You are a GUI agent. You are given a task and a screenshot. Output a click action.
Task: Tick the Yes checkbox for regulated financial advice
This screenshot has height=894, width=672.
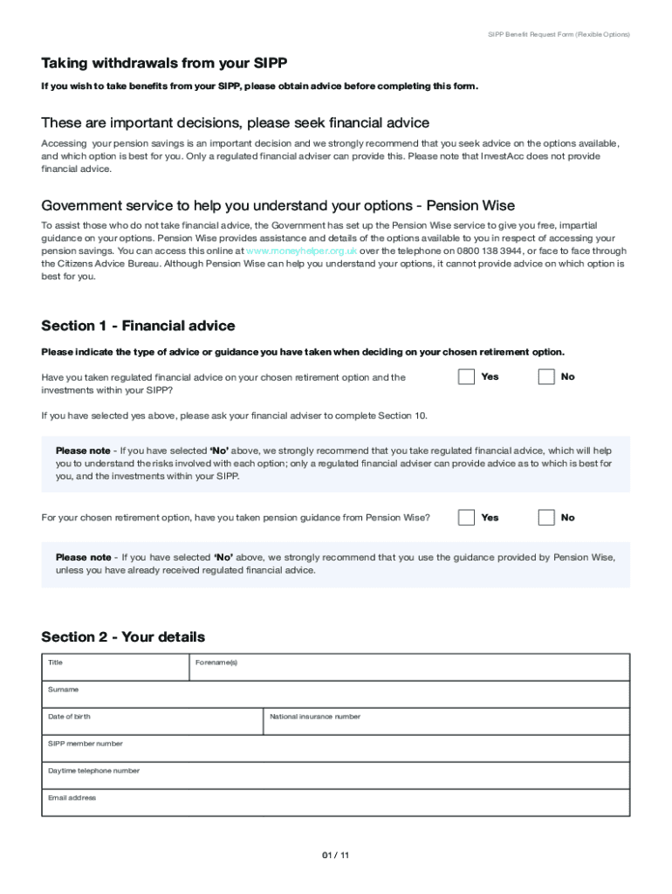pyautogui.click(x=467, y=377)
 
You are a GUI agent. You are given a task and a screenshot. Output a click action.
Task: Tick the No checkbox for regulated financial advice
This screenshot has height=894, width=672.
pyautogui.click(x=546, y=377)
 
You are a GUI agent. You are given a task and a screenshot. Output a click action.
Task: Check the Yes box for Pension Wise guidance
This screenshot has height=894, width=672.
pyautogui.click(x=467, y=518)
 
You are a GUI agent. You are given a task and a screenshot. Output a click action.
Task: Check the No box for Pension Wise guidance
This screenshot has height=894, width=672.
pyautogui.click(x=546, y=518)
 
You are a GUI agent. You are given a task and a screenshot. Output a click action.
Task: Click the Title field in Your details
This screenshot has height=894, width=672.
pyautogui.click(x=115, y=667)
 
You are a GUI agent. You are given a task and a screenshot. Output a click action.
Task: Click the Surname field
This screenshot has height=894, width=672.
pyautogui.click(x=335, y=694)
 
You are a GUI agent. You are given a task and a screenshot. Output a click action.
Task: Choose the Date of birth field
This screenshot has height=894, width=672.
pyautogui.click(x=152, y=721)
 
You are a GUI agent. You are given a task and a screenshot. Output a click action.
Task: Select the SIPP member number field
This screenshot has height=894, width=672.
pyautogui.click(x=335, y=748)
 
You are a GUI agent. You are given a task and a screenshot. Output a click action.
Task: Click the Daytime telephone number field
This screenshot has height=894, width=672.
pyautogui.click(x=335, y=775)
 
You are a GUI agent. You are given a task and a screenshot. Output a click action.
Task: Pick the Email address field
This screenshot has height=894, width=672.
pyautogui.click(x=335, y=802)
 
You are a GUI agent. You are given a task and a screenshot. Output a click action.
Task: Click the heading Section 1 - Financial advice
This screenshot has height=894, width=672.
pyautogui.click(x=138, y=326)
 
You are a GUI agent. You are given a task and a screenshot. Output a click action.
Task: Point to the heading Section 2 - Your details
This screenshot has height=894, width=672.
pyautogui.click(x=123, y=636)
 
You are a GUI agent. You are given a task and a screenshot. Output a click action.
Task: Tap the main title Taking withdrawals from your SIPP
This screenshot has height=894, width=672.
pyautogui.click(x=164, y=63)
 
